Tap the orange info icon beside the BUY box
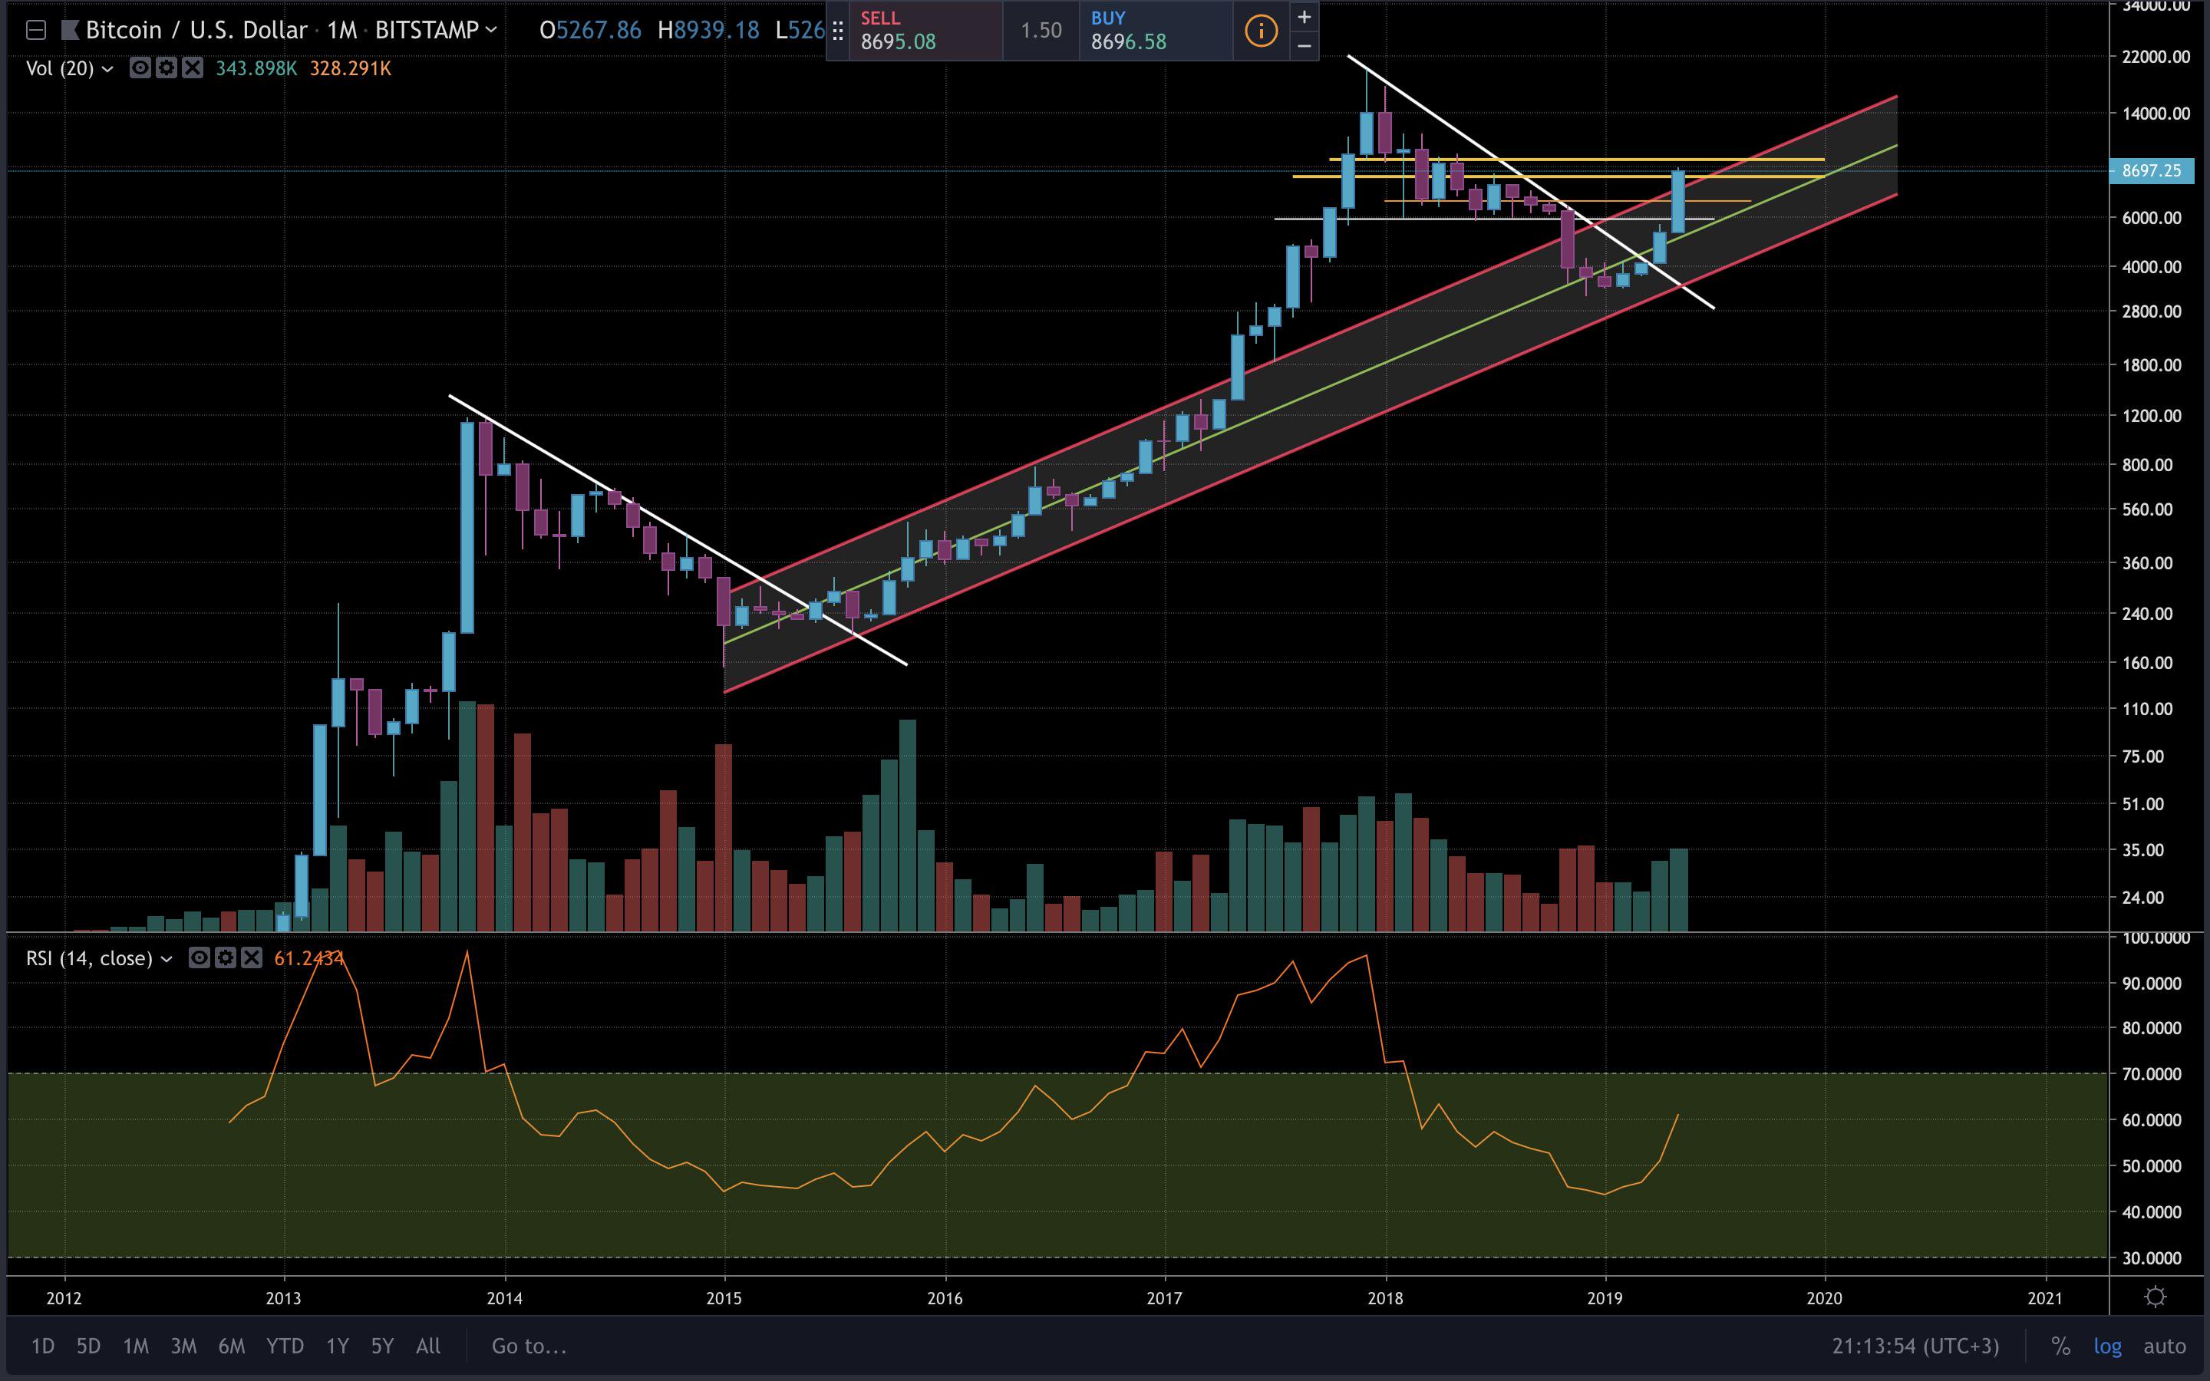point(1260,31)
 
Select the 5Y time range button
point(381,1346)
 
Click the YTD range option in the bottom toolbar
point(284,1346)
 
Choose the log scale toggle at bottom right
point(2108,1346)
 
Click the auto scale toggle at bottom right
point(2164,1346)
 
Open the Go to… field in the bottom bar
point(529,1346)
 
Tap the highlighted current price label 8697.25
point(2151,171)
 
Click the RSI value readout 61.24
point(308,958)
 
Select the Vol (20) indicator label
point(61,68)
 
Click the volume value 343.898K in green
point(256,68)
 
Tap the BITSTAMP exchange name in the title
point(427,30)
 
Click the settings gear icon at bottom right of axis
point(2156,1297)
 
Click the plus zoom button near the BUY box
point(1304,16)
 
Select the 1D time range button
point(43,1346)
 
